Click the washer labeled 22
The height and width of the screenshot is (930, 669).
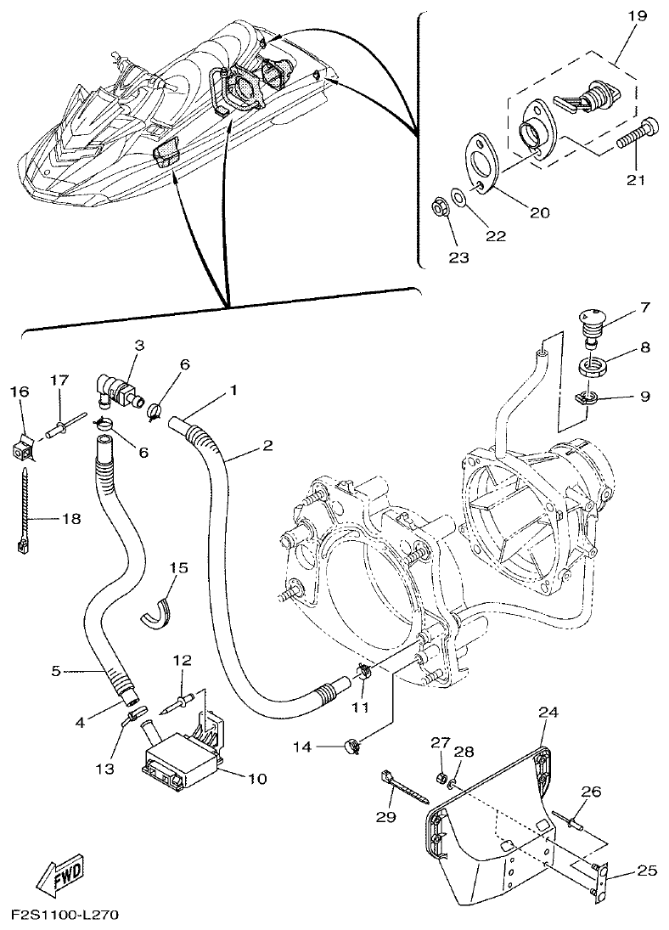click(x=458, y=198)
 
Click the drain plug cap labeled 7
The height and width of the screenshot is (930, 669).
click(x=589, y=324)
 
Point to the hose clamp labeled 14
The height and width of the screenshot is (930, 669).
click(x=350, y=747)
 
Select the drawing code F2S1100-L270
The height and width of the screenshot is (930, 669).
click(x=65, y=916)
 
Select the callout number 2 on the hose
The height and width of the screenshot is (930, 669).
click(x=267, y=445)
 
